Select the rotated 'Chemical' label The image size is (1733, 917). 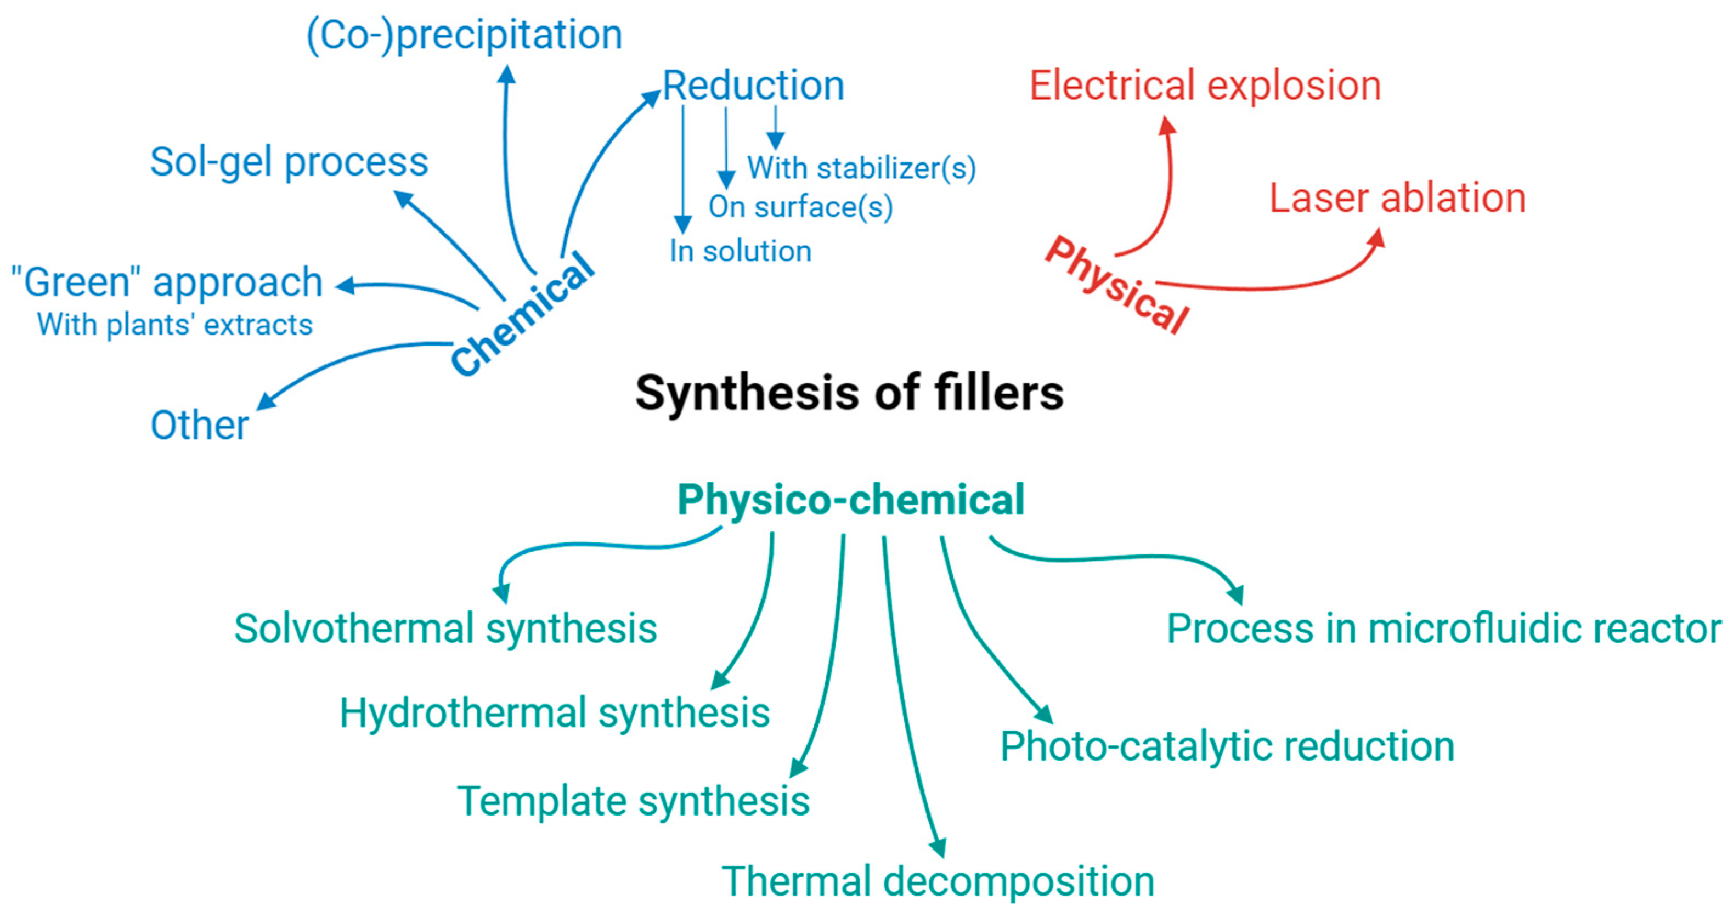(523, 314)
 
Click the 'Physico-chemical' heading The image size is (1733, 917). (850, 500)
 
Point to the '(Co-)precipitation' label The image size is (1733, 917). (464, 35)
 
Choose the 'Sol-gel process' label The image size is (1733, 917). (289, 163)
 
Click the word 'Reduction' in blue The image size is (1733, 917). (753, 86)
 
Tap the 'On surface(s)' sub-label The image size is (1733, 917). (800, 207)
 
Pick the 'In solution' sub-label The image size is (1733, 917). (740, 252)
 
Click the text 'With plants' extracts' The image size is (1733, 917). (175, 325)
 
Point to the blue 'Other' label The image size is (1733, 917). (199, 425)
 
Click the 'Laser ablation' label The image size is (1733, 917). (1397, 199)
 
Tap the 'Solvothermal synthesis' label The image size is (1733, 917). (445, 629)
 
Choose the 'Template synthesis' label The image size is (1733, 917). (633, 801)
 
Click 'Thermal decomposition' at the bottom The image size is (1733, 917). (938, 881)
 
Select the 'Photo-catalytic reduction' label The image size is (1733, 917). (1227, 747)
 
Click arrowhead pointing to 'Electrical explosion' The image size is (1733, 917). (1168, 125)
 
